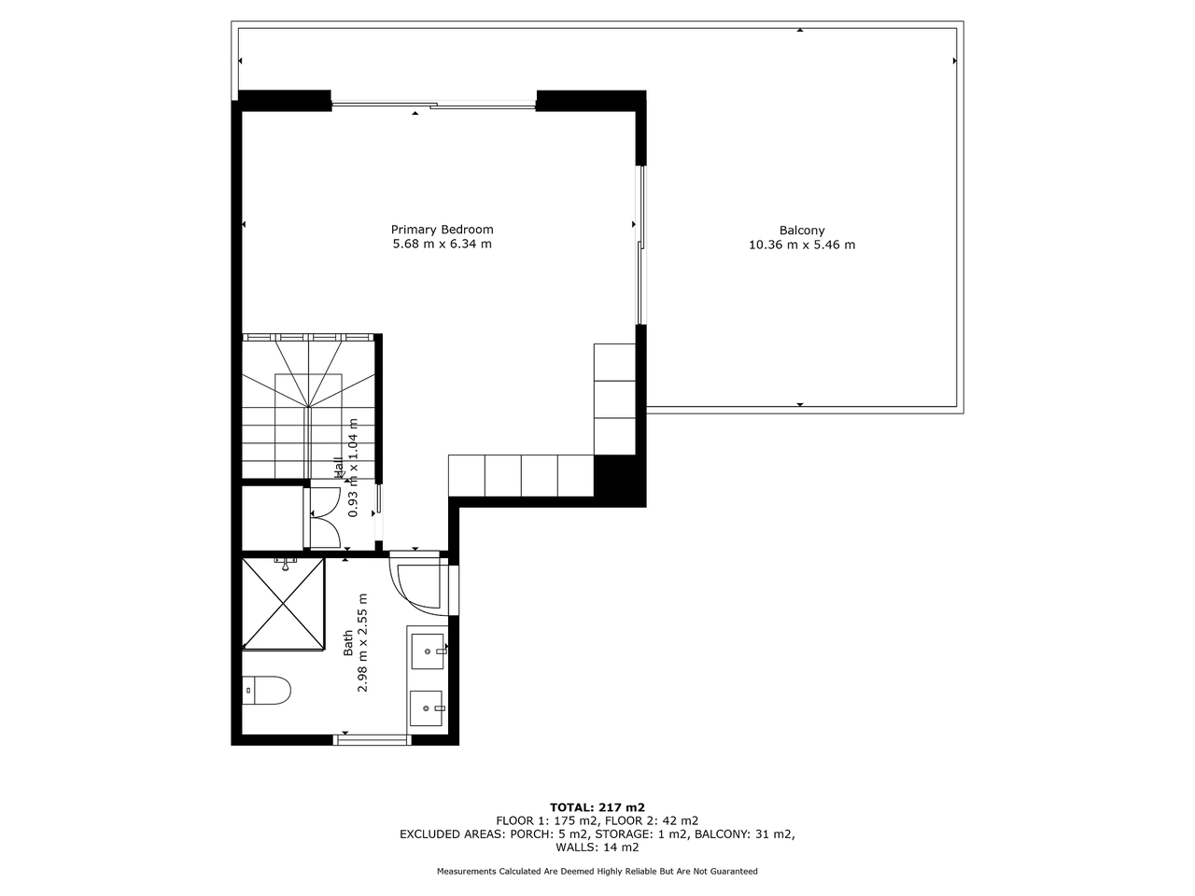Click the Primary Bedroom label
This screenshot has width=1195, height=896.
443,230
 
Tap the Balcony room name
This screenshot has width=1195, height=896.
801,231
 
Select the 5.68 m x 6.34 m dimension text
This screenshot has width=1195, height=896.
443,244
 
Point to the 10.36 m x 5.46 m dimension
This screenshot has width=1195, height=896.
801,245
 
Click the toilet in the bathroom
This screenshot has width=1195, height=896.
266,690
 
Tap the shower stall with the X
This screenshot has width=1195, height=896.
283,603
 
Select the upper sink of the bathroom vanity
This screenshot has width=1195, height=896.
428,651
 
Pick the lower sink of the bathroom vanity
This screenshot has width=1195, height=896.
426,707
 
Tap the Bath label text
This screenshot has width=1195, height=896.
348,642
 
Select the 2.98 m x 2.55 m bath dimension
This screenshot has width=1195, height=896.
362,642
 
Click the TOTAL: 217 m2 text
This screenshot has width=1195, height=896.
597,806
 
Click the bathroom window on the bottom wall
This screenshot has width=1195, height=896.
373,739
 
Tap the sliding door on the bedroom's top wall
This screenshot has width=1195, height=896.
434,105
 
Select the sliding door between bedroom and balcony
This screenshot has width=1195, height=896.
641,245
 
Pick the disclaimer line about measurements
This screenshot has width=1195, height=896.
597,871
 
